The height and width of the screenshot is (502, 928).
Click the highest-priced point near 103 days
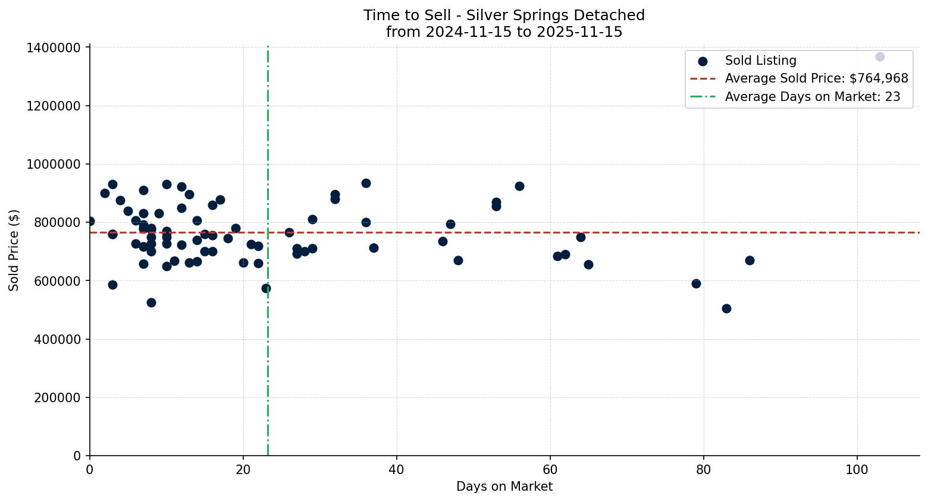pyautogui.click(x=880, y=56)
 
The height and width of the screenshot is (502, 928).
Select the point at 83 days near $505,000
pyautogui.click(x=726, y=308)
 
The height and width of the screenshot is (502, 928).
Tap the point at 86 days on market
pyautogui.click(x=750, y=260)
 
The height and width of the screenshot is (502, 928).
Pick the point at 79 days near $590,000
pyautogui.click(x=696, y=283)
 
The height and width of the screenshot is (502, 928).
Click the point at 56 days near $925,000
pyautogui.click(x=519, y=186)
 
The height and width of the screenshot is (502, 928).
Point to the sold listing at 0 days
pyautogui.click(x=90, y=221)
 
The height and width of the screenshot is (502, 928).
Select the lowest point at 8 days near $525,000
pyautogui.click(x=151, y=302)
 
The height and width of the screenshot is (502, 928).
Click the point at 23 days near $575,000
pyautogui.click(x=266, y=288)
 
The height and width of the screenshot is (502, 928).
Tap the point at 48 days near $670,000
pyautogui.click(x=458, y=260)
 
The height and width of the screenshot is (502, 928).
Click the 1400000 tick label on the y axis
pyautogui.click(x=54, y=48)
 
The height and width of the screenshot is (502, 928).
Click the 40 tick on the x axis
pyautogui.click(x=397, y=470)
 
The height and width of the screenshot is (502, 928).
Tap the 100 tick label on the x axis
pyautogui.click(x=857, y=470)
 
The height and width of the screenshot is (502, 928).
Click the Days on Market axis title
pyautogui.click(x=504, y=487)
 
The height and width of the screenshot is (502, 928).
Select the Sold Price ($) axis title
pyautogui.click(x=14, y=250)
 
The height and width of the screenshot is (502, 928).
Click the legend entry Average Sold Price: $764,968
pyautogui.click(x=816, y=78)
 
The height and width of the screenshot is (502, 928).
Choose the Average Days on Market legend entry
pyautogui.click(x=812, y=97)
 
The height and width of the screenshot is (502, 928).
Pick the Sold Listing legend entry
pyautogui.click(x=760, y=61)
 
